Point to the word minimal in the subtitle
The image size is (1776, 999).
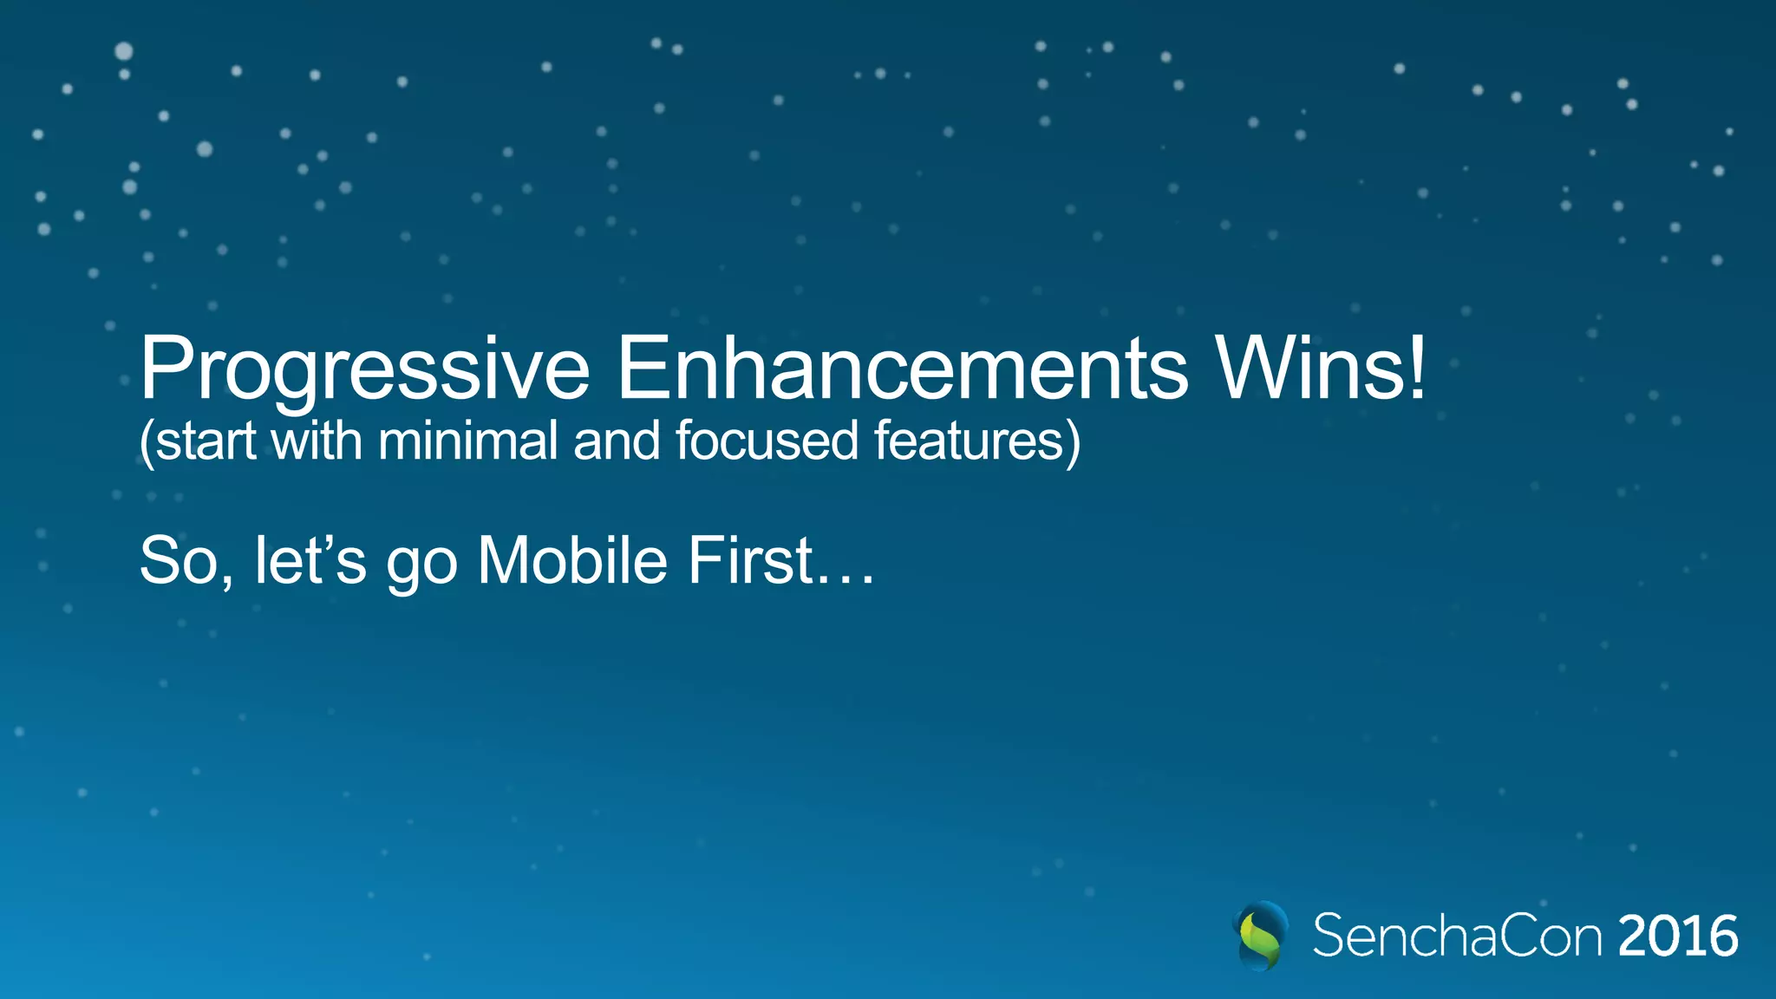pyautogui.click(x=467, y=441)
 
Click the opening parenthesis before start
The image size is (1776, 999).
pyautogui.click(x=147, y=442)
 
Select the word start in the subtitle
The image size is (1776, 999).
pyautogui.click(x=206, y=441)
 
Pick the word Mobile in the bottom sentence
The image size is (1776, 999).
pyautogui.click(x=572, y=561)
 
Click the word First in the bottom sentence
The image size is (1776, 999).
pyautogui.click(x=751, y=561)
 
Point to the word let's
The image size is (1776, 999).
pyautogui.click(x=310, y=561)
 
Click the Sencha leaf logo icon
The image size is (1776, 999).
pyautogui.click(x=1260, y=936)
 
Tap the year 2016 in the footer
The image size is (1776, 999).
pyautogui.click(x=1677, y=937)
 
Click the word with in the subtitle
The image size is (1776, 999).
pyautogui.click(x=317, y=441)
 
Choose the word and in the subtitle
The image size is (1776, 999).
pyautogui.click(x=617, y=441)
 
